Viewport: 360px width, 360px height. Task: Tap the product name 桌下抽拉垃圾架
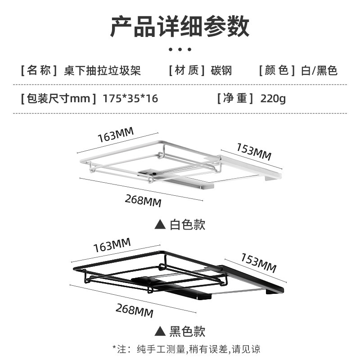[x=103, y=71]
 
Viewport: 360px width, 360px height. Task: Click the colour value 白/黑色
[x=320, y=71]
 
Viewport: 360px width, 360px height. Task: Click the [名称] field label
[x=40, y=71]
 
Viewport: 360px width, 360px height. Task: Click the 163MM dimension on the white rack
[x=116, y=135]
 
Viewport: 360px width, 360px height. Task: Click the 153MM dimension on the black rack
[x=258, y=263]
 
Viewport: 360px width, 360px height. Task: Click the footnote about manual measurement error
[x=186, y=349]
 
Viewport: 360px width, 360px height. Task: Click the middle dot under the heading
[x=180, y=49]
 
